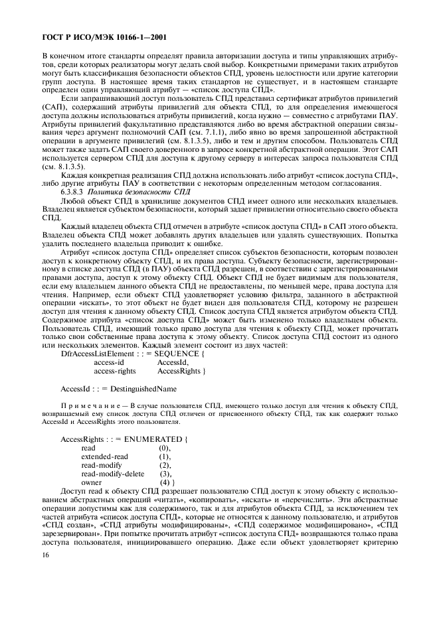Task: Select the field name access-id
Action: click(109, 362)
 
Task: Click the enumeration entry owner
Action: click(92, 482)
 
